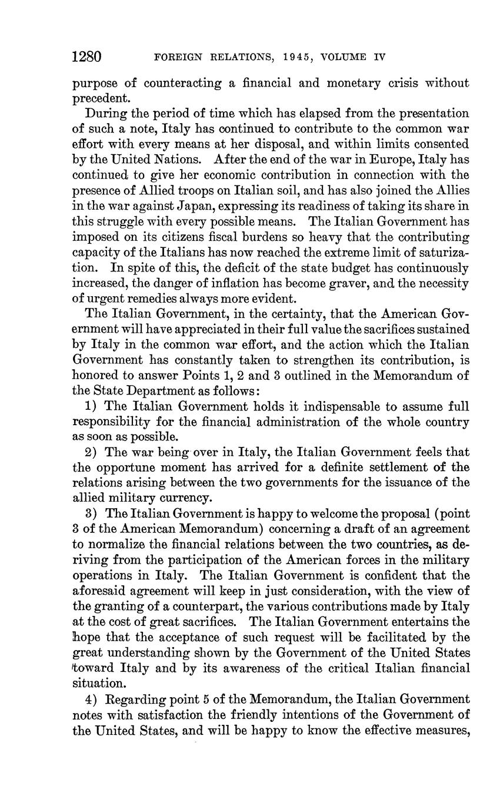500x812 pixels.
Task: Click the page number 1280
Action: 87,57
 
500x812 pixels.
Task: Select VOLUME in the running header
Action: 341,58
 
